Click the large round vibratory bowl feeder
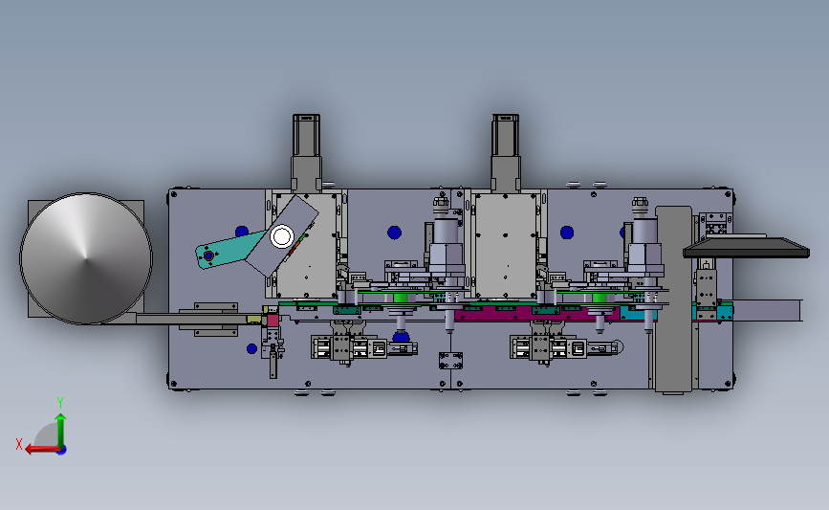(86, 258)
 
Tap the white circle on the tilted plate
(282, 236)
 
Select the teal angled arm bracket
(229, 249)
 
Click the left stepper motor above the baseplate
(306, 152)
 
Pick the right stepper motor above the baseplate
(506, 152)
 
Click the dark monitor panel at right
(746, 247)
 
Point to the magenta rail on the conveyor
(534, 313)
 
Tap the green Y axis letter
(60, 403)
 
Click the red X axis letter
(19, 444)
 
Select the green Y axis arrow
(60, 431)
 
